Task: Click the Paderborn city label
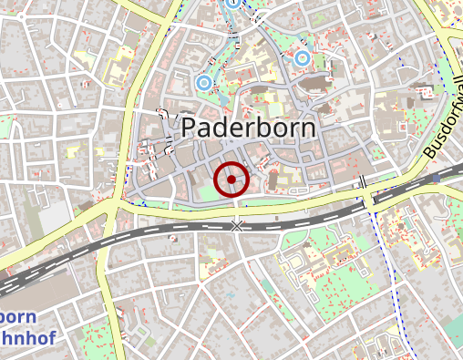point(249,128)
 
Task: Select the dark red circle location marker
point(232,180)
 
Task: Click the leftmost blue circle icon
point(203,83)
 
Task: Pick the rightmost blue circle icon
point(302,59)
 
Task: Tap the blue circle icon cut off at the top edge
point(233,3)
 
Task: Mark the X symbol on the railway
point(237,224)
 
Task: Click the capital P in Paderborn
point(190,128)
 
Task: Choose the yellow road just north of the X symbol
point(237,209)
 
